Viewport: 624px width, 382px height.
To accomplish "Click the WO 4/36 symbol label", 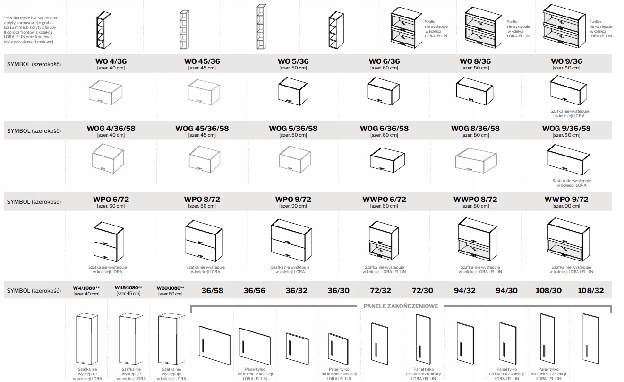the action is [x=111, y=61].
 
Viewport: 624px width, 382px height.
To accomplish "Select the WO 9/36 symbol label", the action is [x=566, y=61].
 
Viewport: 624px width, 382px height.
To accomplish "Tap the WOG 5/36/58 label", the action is [x=293, y=128].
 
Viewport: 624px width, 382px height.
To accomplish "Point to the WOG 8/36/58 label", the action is [x=475, y=128].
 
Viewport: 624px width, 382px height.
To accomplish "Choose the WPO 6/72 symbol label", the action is [x=111, y=200].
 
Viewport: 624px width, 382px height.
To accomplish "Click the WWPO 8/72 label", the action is [x=475, y=200].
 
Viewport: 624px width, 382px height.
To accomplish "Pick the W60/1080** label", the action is [x=170, y=288].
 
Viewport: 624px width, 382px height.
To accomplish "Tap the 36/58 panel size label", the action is [x=212, y=291].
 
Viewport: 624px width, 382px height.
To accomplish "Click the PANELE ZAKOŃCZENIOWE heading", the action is [x=401, y=306].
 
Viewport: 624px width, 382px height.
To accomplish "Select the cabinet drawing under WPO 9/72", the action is [x=292, y=239].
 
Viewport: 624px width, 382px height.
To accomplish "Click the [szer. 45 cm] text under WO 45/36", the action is [x=202, y=68].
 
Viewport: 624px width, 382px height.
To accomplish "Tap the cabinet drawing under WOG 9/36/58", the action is [x=568, y=160].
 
